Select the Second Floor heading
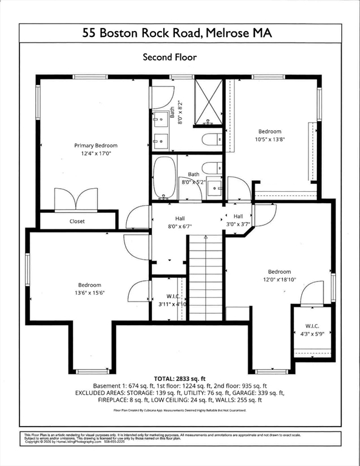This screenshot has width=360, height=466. tap(169, 57)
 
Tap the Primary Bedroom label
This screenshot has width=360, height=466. tap(96, 146)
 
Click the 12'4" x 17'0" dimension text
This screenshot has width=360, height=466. tap(96, 154)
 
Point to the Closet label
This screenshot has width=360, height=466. tap(77, 221)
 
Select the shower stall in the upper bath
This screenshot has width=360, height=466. tap(209, 101)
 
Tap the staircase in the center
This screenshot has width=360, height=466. tap(205, 279)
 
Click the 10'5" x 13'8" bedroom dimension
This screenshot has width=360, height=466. tap(270, 140)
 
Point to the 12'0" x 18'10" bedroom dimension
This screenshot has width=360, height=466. tap(279, 280)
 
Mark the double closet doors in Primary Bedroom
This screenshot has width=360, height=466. tap(76, 199)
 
